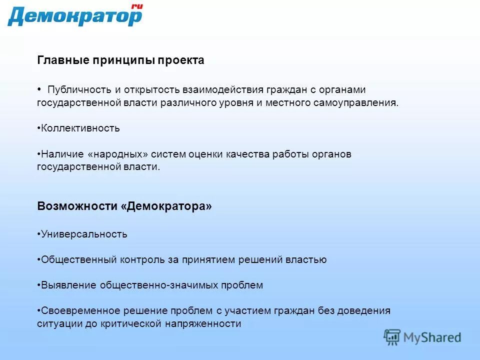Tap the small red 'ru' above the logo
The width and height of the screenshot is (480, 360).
coord(136,6)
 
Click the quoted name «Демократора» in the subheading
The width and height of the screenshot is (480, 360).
coord(166,206)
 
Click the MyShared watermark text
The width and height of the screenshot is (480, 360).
coord(432,337)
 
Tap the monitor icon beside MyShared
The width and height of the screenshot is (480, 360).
coord(392,337)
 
